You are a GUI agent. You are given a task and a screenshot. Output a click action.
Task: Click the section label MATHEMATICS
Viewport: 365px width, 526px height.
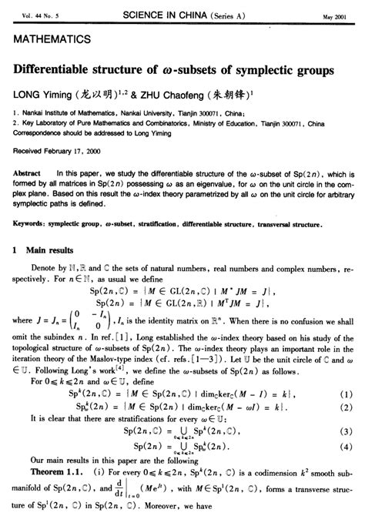(50, 38)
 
